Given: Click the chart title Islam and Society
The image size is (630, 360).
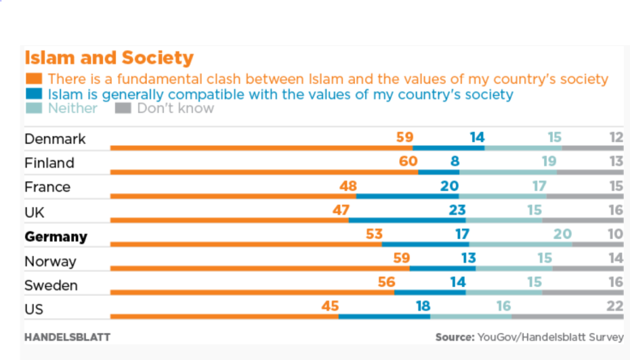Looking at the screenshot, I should (109, 58).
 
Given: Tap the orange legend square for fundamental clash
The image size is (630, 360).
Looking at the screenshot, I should (34, 79).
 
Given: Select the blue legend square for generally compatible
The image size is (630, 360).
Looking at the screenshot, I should (34, 94).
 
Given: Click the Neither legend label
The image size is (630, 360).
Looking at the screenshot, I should (73, 108).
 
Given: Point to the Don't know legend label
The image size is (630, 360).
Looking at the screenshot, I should (175, 108).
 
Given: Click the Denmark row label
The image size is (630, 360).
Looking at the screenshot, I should (55, 139).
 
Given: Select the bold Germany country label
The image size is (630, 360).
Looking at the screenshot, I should (56, 237).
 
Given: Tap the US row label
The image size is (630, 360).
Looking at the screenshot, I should (34, 309).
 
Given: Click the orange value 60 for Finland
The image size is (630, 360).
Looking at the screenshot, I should (408, 162).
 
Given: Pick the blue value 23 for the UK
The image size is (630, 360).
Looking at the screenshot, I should (457, 210).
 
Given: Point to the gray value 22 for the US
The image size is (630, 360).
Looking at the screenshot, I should (615, 306).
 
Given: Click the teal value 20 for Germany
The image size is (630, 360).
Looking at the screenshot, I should (562, 234).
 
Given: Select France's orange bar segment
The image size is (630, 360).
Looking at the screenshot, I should (233, 196).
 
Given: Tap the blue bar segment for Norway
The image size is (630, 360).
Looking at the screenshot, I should (442, 268).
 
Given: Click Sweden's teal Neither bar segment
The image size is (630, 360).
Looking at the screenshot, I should (504, 292).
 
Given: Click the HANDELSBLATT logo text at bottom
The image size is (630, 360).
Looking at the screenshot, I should (67, 337).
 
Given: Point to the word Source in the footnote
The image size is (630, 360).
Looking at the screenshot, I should (455, 337).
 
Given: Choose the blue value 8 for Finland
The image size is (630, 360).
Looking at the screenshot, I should (455, 162).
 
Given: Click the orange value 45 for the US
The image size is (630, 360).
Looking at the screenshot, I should (330, 306).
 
